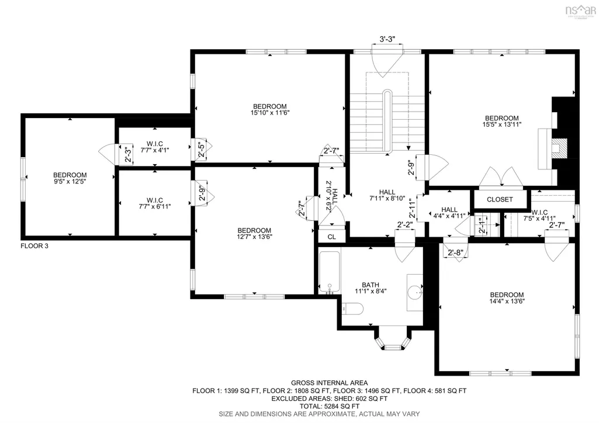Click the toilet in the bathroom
(x=352, y=308)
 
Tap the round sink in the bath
(x=415, y=293)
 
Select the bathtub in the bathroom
(x=329, y=272)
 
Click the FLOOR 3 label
(x=34, y=246)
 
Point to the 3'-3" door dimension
(x=387, y=39)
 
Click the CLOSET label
(x=500, y=199)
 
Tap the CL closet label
(x=331, y=237)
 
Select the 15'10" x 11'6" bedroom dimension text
(x=269, y=113)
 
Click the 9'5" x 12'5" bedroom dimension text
(x=70, y=182)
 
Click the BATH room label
(x=371, y=285)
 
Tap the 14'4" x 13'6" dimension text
(x=507, y=301)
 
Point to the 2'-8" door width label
(x=455, y=252)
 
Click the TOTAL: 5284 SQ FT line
(x=329, y=406)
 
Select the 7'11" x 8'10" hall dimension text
(x=387, y=199)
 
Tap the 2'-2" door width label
(x=405, y=225)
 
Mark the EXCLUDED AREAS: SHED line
(x=329, y=398)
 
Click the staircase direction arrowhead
(x=408, y=148)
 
